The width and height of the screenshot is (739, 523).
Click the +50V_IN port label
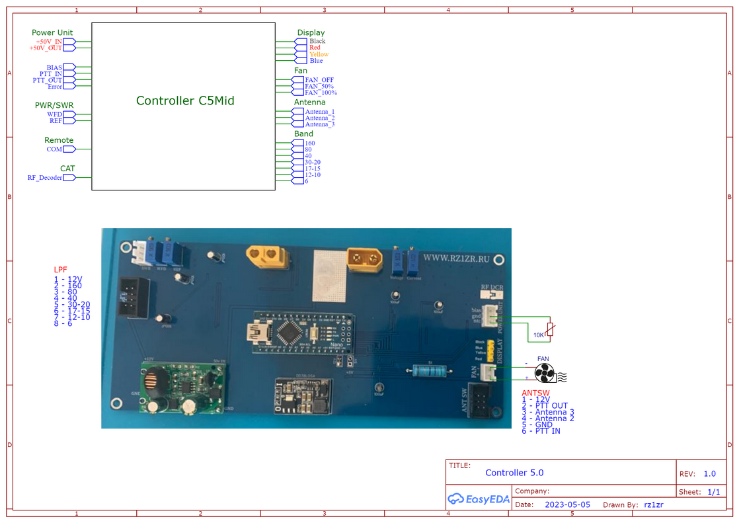49,41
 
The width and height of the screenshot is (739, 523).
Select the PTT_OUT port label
48,80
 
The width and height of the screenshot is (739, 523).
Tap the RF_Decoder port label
45,177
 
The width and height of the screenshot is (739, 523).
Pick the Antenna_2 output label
319,118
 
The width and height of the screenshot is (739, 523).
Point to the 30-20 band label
313,162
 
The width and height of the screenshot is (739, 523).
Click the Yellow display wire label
319,54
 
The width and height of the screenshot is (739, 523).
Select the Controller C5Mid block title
185,101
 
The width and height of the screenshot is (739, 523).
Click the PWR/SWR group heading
54,105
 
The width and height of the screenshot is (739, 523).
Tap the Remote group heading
59,140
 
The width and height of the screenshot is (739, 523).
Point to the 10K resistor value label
539,335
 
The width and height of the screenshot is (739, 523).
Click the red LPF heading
60,270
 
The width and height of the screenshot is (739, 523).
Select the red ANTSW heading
535,393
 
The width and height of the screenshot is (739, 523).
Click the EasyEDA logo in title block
477,499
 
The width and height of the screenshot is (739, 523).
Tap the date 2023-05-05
568,504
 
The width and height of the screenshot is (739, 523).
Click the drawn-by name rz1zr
653,504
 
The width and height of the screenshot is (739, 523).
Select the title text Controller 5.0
514,473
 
